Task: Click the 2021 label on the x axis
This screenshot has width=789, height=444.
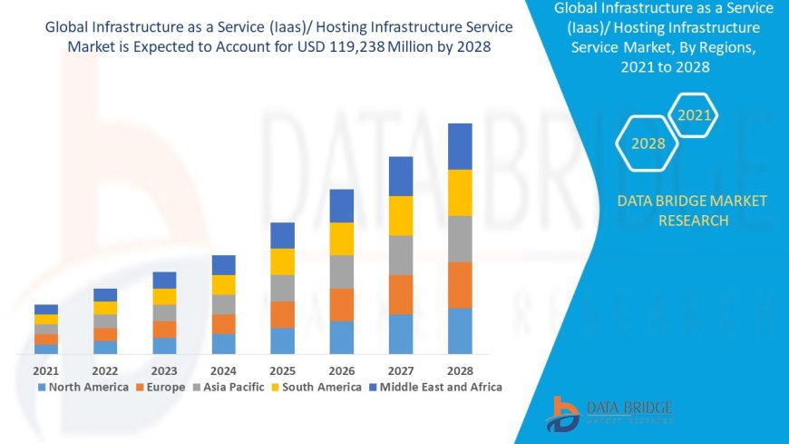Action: (x=45, y=370)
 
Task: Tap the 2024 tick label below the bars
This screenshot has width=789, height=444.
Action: (x=223, y=370)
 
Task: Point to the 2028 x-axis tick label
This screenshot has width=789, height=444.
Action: (x=460, y=370)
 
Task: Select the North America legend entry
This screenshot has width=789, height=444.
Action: (x=83, y=387)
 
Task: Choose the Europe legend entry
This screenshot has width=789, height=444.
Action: (x=162, y=387)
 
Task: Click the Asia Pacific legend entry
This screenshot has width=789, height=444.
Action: (x=227, y=387)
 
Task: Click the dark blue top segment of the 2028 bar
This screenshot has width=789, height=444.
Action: (x=460, y=146)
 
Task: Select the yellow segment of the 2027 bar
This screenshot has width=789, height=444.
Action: (x=401, y=216)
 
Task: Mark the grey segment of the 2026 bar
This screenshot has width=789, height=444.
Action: (x=341, y=271)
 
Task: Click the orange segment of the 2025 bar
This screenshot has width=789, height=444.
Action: (x=282, y=314)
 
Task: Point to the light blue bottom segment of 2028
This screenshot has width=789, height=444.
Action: (x=460, y=331)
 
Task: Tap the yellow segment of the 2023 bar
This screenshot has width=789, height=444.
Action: (x=164, y=296)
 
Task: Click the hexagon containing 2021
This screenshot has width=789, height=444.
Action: (x=695, y=116)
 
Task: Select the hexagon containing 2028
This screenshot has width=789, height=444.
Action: (x=648, y=143)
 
